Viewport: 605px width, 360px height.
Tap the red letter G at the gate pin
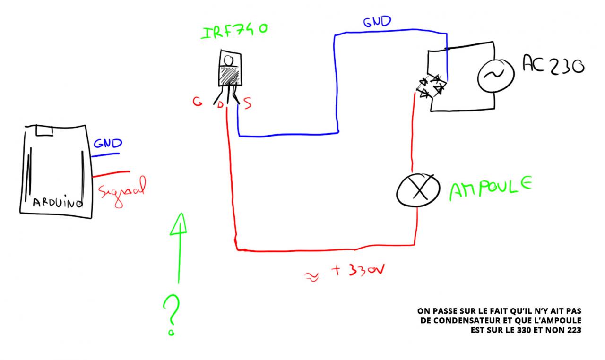pos(197,102)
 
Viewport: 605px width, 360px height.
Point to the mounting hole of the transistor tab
pos(229,60)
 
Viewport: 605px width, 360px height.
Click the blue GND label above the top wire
pos(377,22)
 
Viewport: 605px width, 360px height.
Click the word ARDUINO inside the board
pos(57,203)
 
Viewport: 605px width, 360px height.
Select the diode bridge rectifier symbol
pos(432,86)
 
